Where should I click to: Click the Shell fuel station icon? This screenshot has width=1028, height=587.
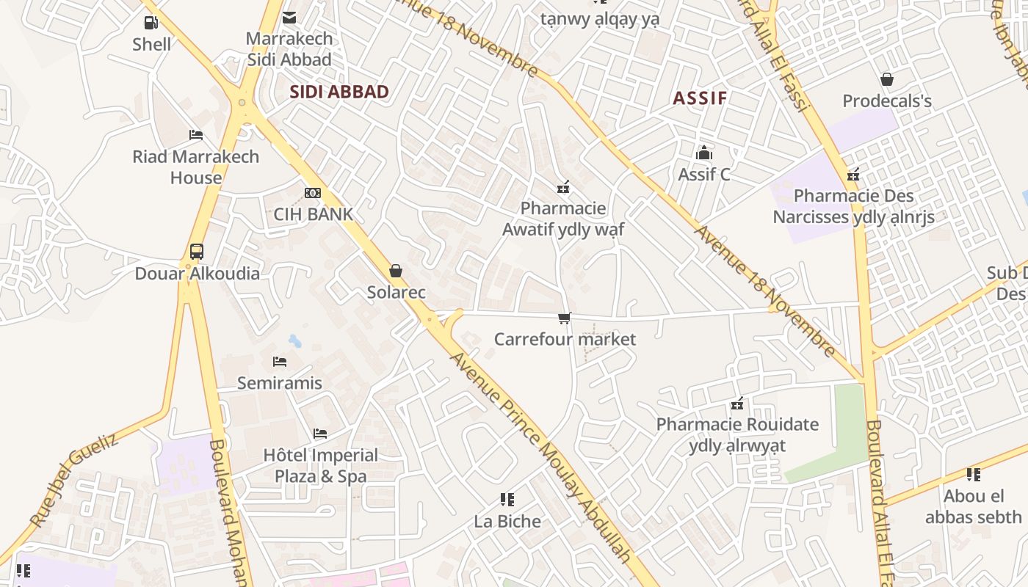(x=151, y=23)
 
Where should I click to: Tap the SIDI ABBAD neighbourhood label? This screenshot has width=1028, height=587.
(x=339, y=92)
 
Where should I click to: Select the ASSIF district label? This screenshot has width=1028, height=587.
(x=700, y=98)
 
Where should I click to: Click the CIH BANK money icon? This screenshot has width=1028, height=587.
(x=313, y=193)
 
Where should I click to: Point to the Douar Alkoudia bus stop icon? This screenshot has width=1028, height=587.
(x=196, y=252)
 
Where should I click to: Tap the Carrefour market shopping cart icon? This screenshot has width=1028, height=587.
(x=564, y=318)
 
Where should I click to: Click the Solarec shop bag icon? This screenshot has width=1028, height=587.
(x=396, y=271)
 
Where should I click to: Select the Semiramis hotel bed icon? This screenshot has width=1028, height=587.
(x=279, y=361)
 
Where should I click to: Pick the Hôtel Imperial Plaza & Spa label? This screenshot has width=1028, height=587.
(x=321, y=465)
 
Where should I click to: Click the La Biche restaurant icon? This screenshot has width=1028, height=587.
(x=507, y=500)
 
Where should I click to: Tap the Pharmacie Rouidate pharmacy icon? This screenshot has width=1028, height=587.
(x=737, y=403)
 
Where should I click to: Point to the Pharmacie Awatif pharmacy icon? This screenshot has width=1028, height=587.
(x=563, y=187)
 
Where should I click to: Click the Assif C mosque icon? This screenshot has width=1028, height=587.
(x=704, y=153)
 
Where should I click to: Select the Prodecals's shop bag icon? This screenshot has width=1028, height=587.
(x=887, y=79)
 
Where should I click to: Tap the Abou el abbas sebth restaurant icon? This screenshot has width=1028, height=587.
(x=973, y=475)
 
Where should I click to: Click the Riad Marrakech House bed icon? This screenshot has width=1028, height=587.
(x=195, y=135)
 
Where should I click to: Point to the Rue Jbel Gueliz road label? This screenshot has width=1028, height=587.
(x=73, y=480)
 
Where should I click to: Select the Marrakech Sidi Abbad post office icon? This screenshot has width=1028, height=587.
(x=289, y=17)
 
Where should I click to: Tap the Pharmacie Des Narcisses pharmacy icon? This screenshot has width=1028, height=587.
(x=853, y=175)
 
